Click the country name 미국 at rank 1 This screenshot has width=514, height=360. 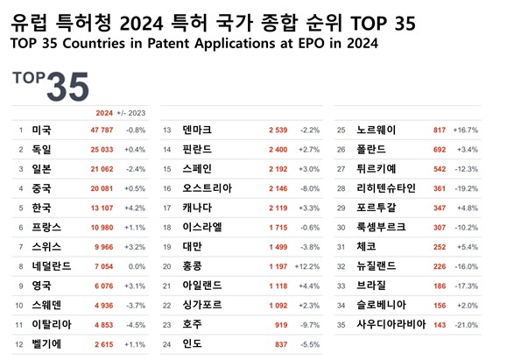41,131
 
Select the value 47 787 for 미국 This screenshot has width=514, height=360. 102,131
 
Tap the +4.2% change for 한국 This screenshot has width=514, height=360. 135,208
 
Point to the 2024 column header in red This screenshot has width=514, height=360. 104,113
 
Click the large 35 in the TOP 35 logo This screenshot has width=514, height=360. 67,87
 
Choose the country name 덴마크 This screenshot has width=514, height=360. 197,131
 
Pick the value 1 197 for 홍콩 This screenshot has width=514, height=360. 278,266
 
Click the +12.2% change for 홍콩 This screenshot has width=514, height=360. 307,266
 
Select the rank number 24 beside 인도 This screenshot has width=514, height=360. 167,344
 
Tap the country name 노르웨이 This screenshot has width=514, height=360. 377,131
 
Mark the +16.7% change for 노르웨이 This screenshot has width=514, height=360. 466,131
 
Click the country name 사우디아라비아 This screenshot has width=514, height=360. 391,325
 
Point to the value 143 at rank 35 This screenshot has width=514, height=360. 440,325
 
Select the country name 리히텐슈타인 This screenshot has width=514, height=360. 386,188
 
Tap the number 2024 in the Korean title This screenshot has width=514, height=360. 141,24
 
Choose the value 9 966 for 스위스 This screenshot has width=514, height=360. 104,247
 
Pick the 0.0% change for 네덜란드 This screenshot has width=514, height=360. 137,266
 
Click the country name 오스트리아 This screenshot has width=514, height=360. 208,188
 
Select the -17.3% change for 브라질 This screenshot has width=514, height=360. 467,286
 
